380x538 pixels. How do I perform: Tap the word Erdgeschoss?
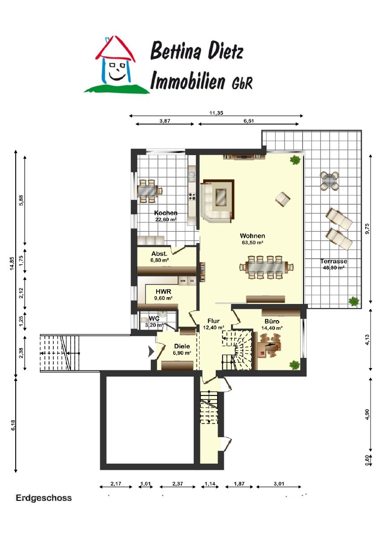pyautogui.click(x=43, y=498)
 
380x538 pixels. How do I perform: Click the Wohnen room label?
pyautogui.click(x=252, y=236)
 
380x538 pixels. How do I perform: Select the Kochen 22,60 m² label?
pyautogui.click(x=166, y=216)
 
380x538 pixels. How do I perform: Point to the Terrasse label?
pyautogui.click(x=333, y=261)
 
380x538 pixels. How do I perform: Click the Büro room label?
pyautogui.click(x=272, y=321)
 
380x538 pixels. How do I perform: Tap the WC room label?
pyautogui.click(x=154, y=318)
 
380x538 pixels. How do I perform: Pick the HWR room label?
pyautogui.click(x=163, y=291)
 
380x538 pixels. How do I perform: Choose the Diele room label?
pyautogui.click(x=182, y=346)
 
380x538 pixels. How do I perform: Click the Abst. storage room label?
pyautogui.click(x=159, y=254)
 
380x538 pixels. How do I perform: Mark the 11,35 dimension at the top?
pyautogui.click(x=216, y=113)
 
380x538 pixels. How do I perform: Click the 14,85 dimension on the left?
pyautogui.click(x=12, y=263)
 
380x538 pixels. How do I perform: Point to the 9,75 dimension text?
pyautogui.click(x=367, y=228)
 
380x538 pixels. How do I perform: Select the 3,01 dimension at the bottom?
pyautogui.click(x=279, y=483)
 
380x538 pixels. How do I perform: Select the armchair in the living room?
pyautogui.click(x=283, y=199)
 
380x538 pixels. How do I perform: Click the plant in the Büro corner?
pyautogui.click(x=295, y=365)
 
